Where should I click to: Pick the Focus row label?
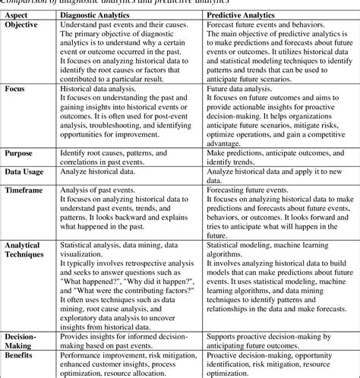click(15, 88)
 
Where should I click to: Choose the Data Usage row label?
click(25, 173)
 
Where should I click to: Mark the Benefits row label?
click(21, 355)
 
